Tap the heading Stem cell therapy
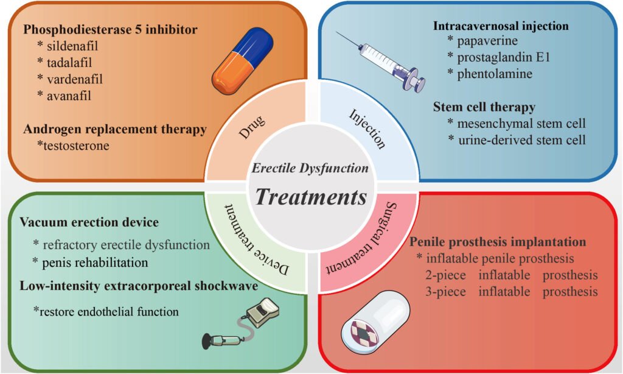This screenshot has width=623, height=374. pyautogui.click(x=484, y=107)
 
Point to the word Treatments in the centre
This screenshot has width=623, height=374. pyautogui.click(x=311, y=197)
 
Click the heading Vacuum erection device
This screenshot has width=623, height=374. pyautogui.click(x=89, y=222)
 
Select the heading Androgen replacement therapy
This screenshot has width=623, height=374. pyautogui.click(x=115, y=129)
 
